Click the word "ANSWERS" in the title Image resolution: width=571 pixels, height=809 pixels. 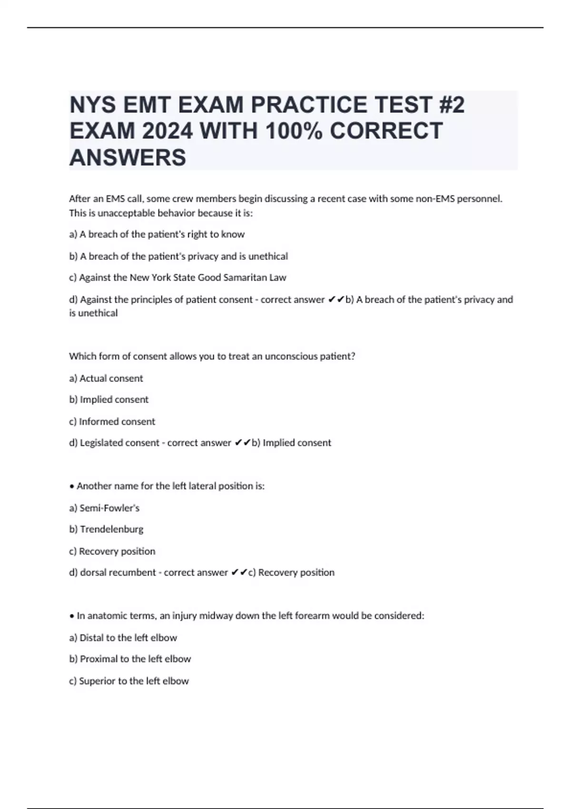click(128, 158)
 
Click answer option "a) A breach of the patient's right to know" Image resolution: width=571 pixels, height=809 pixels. click(157, 234)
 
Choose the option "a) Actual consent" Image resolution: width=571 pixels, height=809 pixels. click(106, 378)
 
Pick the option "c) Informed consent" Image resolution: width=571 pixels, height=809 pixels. click(112, 422)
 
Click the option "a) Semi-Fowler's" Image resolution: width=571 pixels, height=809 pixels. click(104, 508)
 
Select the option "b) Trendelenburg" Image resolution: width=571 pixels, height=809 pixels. click(106, 529)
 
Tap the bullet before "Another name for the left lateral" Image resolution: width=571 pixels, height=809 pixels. click(72, 486)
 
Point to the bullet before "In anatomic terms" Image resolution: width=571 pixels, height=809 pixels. click(72, 616)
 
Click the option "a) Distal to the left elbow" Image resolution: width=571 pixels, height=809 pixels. click(123, 638)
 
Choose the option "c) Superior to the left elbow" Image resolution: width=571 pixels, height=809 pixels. click(128, 681)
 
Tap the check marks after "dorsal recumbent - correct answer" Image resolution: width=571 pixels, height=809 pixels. click(239, 572)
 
